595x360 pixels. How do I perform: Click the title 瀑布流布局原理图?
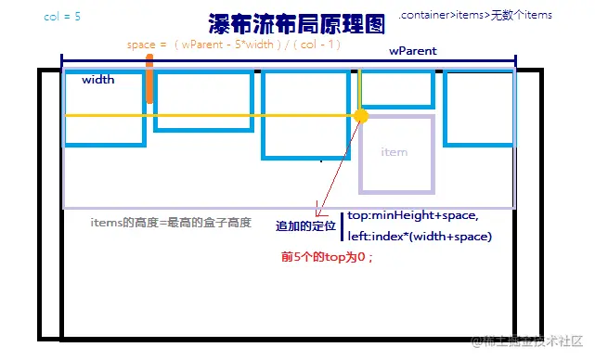point(285,23)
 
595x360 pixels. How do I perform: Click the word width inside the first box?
point(98,80)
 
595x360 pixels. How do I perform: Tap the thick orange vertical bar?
point(149,80)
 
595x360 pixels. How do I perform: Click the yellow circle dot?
point(362,116)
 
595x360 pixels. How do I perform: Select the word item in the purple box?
point(395,152)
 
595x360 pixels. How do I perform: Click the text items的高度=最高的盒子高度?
point(172,224)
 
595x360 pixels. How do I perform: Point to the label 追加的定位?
point(305,226)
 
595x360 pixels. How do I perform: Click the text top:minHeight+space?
point(413,216)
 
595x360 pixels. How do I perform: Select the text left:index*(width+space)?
point(420,237)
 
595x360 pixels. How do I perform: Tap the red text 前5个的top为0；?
point(326,257)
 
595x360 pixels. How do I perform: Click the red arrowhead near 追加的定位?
point(317,212)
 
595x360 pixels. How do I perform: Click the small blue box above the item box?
point(397,88)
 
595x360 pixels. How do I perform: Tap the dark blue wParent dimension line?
point(288,64)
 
